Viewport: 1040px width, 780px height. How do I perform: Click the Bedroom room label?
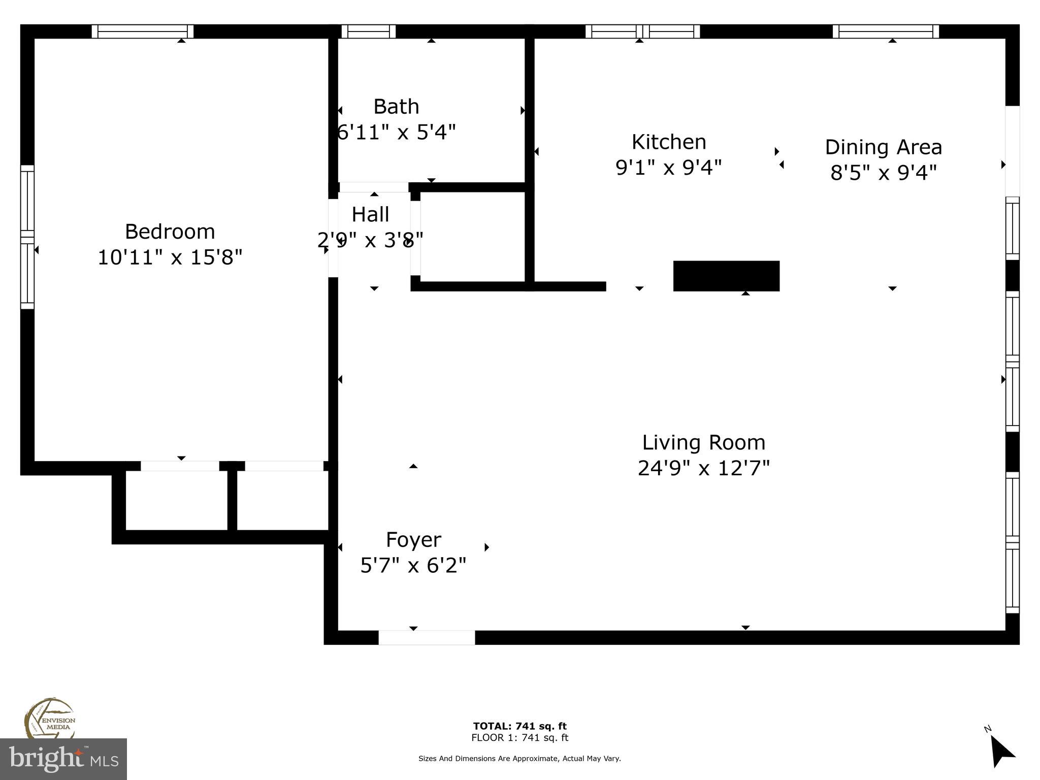point(170,232)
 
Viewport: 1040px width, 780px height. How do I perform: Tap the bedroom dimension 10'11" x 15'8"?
point(170,257)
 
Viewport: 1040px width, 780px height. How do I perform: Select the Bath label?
point(396,107)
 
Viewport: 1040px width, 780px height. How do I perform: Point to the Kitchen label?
point(669,142)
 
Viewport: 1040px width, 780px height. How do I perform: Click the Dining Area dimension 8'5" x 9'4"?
point(883,173)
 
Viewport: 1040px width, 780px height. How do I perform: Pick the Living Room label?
point(703,442)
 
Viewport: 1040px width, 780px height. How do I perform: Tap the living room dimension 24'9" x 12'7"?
point(703,468)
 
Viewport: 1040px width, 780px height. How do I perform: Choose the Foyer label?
point(413,539)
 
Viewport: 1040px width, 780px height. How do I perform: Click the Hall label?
point(370,214)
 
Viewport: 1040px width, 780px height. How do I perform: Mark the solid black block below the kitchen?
point(726,276)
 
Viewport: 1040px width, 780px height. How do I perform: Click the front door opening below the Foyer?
point(427,637)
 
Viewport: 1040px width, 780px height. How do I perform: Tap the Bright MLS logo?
point(63,759)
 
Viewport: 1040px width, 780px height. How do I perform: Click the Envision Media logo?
point(50,719)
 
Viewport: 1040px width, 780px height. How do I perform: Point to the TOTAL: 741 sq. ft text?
point(519,726)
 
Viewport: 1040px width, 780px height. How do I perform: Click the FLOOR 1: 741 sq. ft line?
point(519,738)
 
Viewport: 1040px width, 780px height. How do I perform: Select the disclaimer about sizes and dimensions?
point(519,759)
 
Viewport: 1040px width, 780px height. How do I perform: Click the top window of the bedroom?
point(143,31)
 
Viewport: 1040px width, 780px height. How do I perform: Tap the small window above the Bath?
point(368,31)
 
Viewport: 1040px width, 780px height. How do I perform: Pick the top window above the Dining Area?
point(886,31)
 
